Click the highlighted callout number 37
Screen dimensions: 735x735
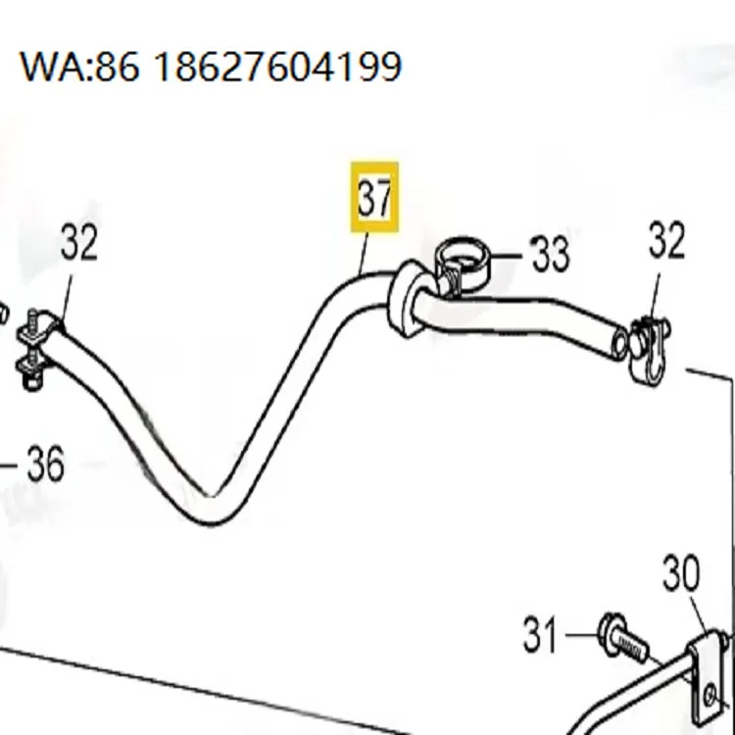coord(374,197)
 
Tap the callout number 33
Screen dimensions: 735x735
coord(551,254)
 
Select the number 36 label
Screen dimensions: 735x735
coord(45,464)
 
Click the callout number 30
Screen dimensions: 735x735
coord(681,573)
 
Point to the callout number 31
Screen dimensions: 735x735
coord(540,635)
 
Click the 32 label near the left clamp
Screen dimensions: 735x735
coord(79,242)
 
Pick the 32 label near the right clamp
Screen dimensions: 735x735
coord(666,240)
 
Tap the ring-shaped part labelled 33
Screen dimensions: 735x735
coord(462,259)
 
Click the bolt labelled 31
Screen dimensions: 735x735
coord(624,638)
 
